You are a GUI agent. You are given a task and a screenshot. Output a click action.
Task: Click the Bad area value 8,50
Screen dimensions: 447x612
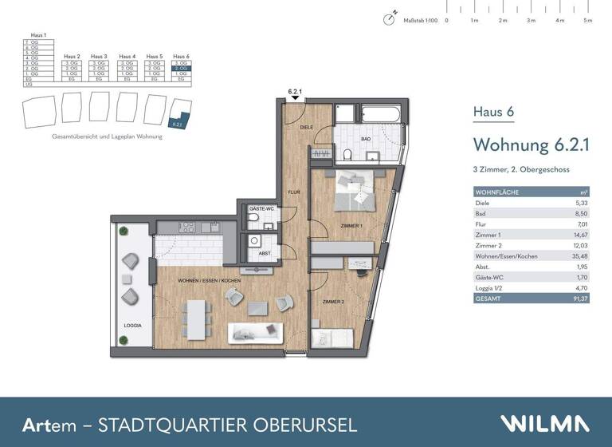coord(582,214)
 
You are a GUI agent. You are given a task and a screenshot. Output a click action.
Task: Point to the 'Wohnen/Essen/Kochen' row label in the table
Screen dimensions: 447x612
coord(505,256)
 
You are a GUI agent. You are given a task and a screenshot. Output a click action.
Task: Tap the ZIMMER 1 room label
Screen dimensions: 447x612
coord(351,227)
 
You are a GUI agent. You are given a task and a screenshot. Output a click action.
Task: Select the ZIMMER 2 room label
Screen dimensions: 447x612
coord(333,302)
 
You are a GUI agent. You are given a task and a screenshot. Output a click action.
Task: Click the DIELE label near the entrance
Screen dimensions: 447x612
coord(306,127)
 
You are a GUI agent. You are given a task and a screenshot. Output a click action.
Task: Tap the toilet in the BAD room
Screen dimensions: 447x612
coord(350,154)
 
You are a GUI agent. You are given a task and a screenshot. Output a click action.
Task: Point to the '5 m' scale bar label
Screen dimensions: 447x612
coord(588,20)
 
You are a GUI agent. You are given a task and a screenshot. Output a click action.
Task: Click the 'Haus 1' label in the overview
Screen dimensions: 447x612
coord(38,36)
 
